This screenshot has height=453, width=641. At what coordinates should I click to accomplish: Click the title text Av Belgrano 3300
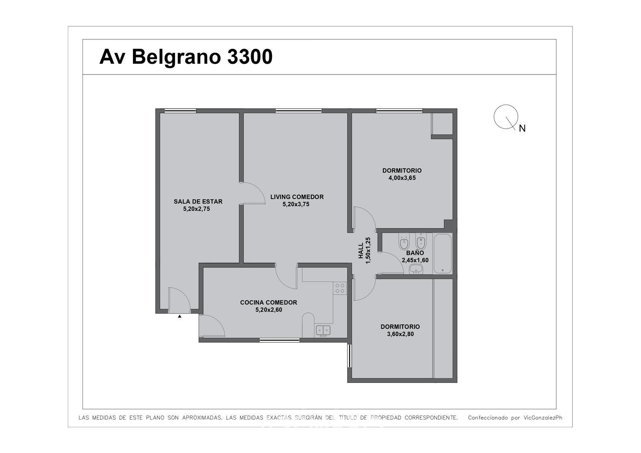[x=186, y=57]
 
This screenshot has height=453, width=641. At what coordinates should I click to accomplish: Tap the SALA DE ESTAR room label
[x=198, y=201]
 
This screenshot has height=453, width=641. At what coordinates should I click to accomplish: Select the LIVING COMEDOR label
[x=297, y=197]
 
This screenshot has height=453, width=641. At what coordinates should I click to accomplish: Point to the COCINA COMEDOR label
[x=269, y=302]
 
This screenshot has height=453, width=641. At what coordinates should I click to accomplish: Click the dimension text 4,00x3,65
[x=402, y=178]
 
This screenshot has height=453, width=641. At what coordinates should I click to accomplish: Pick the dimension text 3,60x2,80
[x=400, y=334]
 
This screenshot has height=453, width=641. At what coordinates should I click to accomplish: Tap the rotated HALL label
[x=361, y=251]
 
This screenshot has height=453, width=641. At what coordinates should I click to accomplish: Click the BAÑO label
[x=415, y=253]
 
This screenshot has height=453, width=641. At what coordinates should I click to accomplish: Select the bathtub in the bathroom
[x=442, y=254]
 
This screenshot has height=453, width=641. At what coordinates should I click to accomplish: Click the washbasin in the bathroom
[x=416, y=269]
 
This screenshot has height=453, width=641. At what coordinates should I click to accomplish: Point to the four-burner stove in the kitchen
[x=340, y=288]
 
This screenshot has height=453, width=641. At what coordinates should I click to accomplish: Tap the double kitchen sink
[x=323, y=330]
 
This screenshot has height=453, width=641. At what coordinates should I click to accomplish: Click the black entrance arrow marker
[x=179, y=316]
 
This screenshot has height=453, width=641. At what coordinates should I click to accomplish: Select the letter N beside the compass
[x=522, y=129]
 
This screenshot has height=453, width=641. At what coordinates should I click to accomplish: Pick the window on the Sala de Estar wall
[x=180, y=111]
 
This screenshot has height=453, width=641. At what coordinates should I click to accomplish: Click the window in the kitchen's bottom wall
[x=279, y=340]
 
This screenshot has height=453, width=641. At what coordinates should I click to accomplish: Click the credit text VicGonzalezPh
[x=543, y=417]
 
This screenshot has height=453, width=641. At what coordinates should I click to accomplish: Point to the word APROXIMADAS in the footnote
[x=202, y=417]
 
